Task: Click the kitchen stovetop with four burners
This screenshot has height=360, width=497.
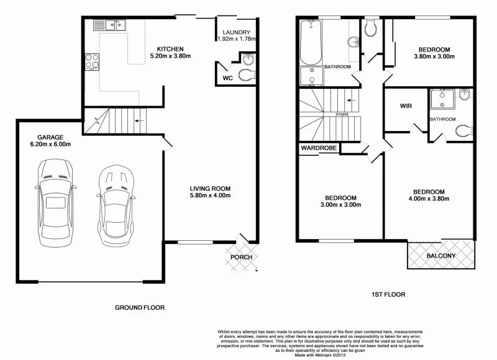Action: tap(93, 61)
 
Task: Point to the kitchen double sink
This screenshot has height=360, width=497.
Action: tap(110, 25)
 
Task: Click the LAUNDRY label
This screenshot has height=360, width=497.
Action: tap(236, 32)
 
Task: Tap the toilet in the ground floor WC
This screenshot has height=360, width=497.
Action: tap(247, 75)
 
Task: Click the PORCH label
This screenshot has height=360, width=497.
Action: tap(241, 257)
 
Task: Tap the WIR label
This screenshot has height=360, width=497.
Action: tap(406, 106)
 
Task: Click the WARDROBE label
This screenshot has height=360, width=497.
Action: tap(319, 149)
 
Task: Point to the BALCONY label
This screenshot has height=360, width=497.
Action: tap(441, 256)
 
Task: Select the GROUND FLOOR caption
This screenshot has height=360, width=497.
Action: tap(140, 307)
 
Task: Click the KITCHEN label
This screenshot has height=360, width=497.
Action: tap(170, 49)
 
